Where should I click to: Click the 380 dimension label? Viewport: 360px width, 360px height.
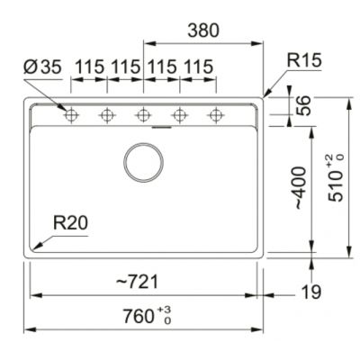click(x=203, y=31)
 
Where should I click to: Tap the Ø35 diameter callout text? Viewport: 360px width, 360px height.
click(x=42, y=67)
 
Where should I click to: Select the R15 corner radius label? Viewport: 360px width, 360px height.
click(x=304, y=60)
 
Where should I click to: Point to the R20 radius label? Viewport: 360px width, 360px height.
click(x=71, y=223)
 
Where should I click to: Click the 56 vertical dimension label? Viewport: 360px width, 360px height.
click(x=303, y=105)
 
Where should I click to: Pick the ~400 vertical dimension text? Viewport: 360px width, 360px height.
click(x=301, y=188)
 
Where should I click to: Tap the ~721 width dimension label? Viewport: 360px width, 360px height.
click(x=137, y=283)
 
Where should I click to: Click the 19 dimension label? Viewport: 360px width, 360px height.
click(x=311, y=292)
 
